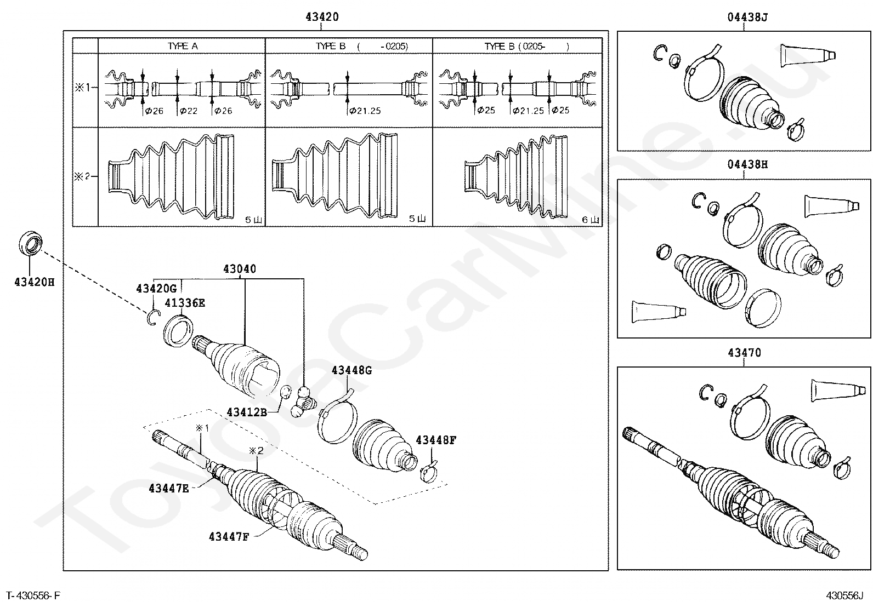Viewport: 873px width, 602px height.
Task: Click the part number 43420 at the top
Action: tap(322, 17)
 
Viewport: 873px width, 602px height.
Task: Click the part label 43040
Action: tap(239, 270)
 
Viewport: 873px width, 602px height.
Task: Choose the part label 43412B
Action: tap(247, 411)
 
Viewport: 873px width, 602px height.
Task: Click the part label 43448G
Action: tap(352, 370)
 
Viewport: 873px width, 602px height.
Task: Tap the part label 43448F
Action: tap(436, 439)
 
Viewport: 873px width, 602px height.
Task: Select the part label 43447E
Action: tap(168, 488)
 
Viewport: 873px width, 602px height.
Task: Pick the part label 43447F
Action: tap(229, 537)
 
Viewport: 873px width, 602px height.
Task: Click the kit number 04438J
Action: tap(747, 18)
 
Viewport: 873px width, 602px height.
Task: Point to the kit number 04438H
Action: tap(747, 164)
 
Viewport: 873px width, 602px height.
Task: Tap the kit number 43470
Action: tap(744, 353)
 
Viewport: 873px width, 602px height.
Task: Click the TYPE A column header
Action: tap(182, 46)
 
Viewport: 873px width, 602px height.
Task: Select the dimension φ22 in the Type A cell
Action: tap(188, 111)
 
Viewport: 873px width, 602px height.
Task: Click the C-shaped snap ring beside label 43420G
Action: tap(153, 318)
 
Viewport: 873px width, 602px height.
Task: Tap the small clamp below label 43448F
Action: tap(430, 471)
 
